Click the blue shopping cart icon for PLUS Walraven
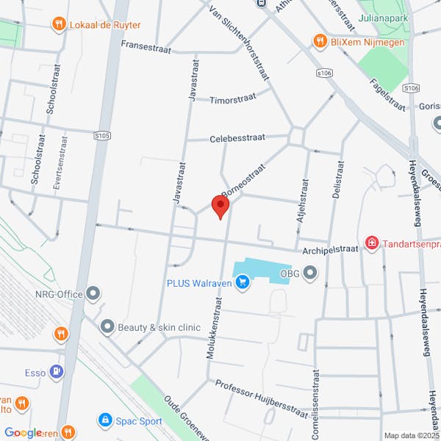243,282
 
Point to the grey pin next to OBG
310,274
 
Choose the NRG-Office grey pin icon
93,295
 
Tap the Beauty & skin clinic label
159,326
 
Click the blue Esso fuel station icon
56,373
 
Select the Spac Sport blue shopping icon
106,420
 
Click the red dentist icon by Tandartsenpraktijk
372,242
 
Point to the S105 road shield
103,135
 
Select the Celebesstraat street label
237,138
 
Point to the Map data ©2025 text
410,435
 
